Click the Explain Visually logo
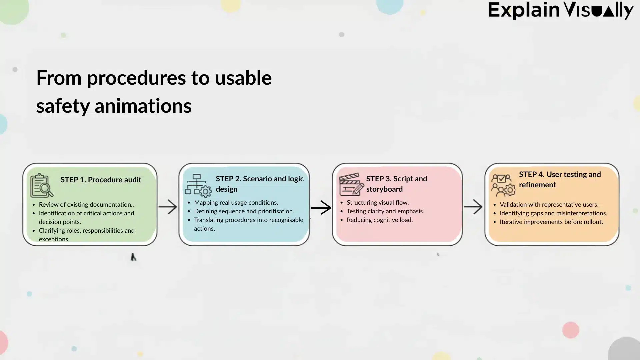560,10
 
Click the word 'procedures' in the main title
136,78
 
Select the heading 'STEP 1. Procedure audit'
101,180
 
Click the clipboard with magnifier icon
42,185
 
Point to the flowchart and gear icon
198,185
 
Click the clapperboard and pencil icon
351,184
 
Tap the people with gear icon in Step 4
503,185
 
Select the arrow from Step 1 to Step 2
168,207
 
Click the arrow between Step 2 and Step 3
321,208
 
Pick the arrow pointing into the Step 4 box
473,207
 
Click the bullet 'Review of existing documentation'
86,204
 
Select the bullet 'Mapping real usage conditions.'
236,202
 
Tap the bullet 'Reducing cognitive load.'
379,220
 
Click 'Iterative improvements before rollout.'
551,222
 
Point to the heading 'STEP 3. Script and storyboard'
396,184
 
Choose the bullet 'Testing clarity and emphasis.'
385,211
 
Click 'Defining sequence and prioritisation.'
244,211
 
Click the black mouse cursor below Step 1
133,257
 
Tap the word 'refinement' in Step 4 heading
537,185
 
